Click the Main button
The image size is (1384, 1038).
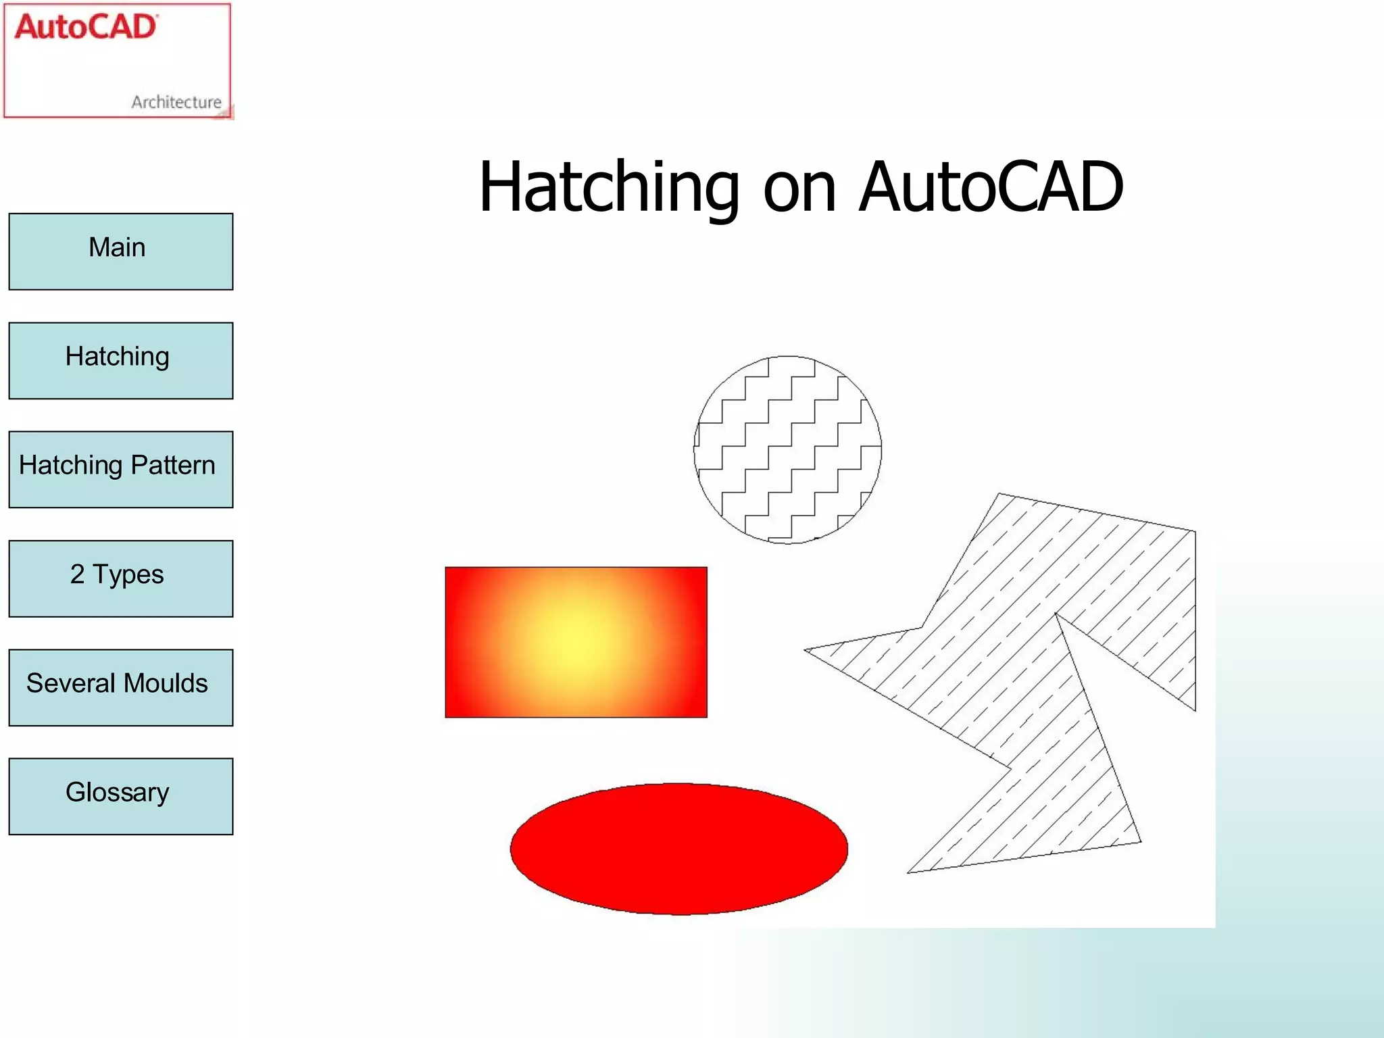point(120,251)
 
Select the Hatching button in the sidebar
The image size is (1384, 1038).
point(120,360)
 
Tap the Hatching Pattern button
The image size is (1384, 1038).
point(120,469)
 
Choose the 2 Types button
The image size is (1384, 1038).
point(120,578)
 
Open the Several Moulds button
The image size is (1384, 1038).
point(120,687)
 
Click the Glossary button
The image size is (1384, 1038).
point(120,796)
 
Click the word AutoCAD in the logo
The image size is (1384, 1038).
point(86,28)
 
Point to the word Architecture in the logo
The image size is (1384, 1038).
point(176,102)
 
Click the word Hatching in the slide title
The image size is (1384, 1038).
point(608,188)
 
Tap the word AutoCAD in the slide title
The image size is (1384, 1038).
point(991,187)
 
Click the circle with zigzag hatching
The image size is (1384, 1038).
point(788,449)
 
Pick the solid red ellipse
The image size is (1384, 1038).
point(679,849)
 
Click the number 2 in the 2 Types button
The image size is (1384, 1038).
point(77,574)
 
